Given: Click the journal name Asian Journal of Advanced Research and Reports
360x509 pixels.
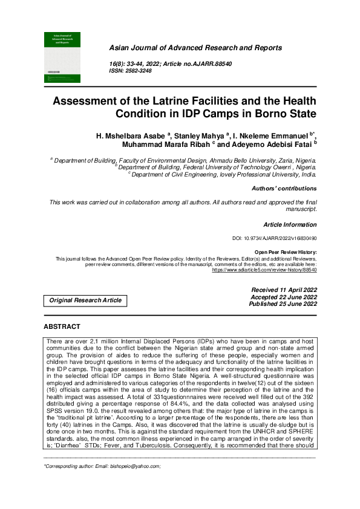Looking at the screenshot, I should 195,47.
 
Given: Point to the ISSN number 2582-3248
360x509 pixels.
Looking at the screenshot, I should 139,71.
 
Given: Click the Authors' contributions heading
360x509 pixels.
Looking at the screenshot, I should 284,189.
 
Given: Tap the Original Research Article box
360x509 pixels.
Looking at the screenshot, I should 85,300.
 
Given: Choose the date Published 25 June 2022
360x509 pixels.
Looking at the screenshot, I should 283,304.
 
